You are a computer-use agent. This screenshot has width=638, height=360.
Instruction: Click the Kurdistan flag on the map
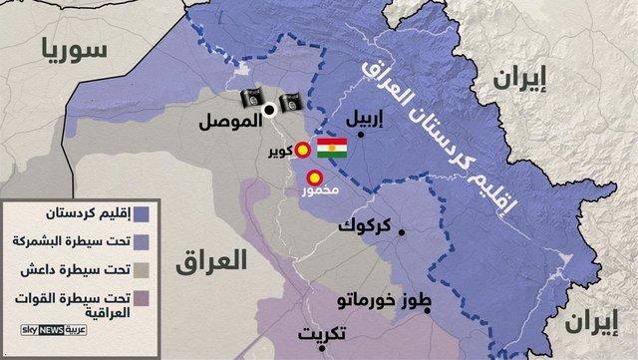[x=331, y=151]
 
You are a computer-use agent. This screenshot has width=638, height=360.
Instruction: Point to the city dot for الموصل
[x=269, y=114]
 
